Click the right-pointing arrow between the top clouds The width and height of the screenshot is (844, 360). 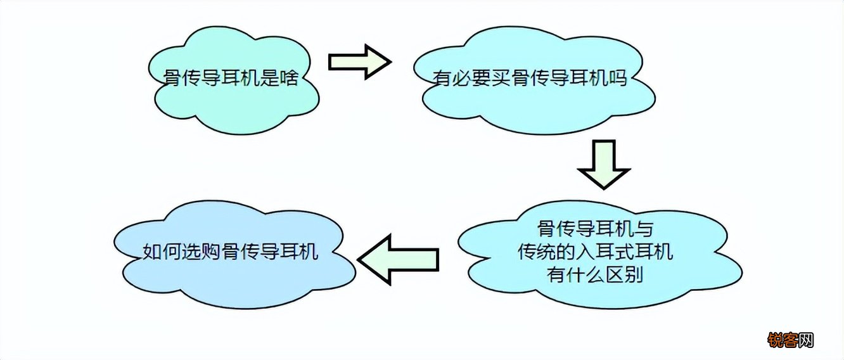tap(358, 61)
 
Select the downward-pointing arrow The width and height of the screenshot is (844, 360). tap(603, 164)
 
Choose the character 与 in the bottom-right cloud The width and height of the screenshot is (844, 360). tap(639, 228)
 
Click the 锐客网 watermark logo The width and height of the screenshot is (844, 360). tap(790, 341)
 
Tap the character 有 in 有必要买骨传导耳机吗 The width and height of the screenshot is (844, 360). tap(442, 80)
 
